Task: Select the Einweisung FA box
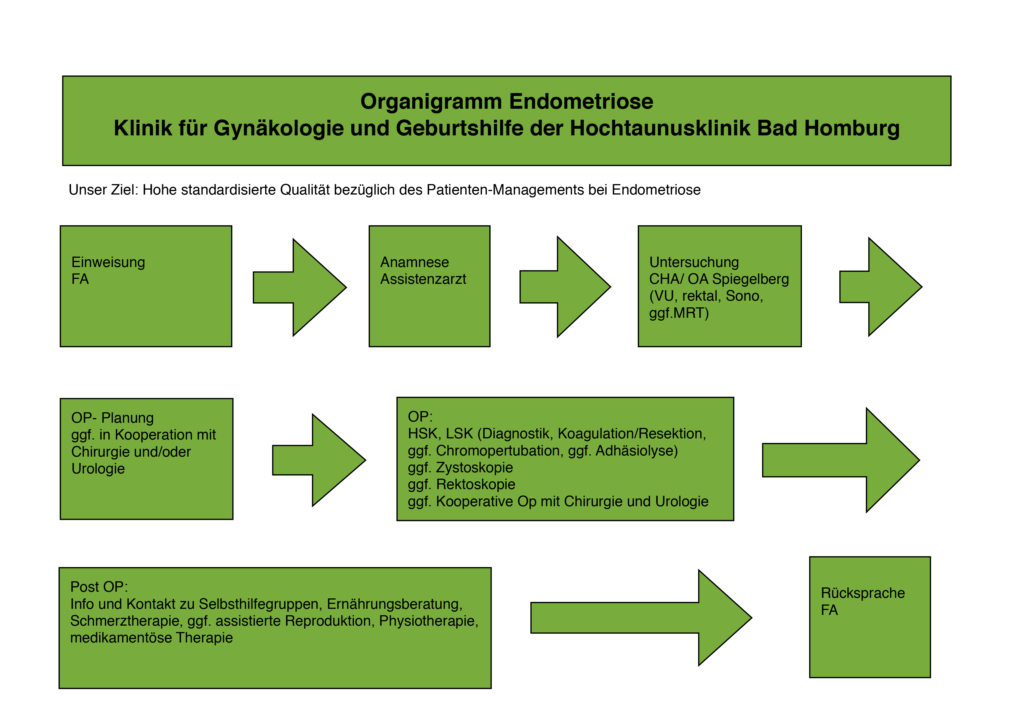point(146,286)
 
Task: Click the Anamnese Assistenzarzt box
point(429,286)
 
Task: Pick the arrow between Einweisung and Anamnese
point(300,287)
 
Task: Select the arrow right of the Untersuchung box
point(881,287)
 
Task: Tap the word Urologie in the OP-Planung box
point(98,469)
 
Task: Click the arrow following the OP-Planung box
point(319,460)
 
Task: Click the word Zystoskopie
point(474,468)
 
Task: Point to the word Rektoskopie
point(476,484)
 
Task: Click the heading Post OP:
point(99,587)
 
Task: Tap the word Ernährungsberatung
point(395,604)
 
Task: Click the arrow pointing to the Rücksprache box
point(641,618)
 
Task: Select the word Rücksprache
point(863,593)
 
